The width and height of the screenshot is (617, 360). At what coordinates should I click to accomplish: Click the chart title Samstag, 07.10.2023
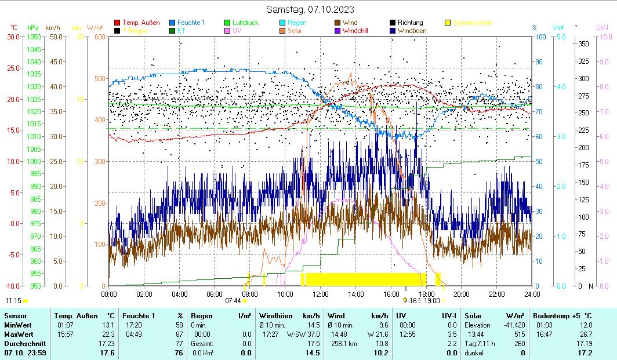[x=310, y=9]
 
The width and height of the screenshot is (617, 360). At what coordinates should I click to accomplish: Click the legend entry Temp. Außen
[x=141, y=23]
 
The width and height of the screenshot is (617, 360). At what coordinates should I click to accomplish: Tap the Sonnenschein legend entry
[x=473, y=23]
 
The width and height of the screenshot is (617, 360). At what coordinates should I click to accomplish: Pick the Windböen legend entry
[x=413, y=31]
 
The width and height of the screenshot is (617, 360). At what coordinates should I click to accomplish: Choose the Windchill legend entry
[x=355, y=31]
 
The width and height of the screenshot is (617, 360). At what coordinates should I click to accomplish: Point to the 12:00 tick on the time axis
[x=320, y=294]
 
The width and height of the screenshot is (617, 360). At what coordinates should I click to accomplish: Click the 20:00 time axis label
[x=461, y=294]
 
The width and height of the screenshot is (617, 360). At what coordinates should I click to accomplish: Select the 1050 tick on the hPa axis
[x=34, y=37]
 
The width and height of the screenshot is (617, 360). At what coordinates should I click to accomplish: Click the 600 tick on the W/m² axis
[x=100, y=37]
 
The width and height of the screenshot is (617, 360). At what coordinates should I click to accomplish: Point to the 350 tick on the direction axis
[x=583, y=43]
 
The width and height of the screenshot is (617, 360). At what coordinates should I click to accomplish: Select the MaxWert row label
[x=20, y=334]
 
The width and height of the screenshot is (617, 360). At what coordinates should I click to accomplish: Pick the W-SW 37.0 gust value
[x=303, y=334]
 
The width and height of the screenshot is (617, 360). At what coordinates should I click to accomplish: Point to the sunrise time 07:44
[x=233, y=301]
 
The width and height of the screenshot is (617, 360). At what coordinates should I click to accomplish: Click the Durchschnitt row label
[x=23, y=344]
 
